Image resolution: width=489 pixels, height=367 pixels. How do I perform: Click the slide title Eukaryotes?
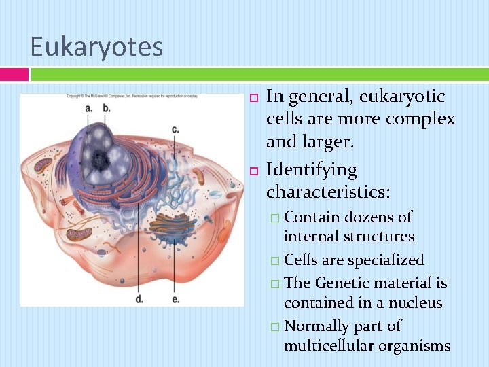click(x=96, y=47)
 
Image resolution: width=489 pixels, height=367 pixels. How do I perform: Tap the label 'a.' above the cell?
click(x=89, y=108)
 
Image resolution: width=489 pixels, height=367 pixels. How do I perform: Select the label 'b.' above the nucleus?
click(x=107, y=108)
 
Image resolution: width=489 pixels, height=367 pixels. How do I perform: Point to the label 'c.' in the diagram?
click(x=175, y=128)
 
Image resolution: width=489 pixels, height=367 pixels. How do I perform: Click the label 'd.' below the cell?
click(x=139, y=298)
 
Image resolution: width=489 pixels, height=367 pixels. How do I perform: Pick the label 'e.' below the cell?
click(x=176, y=298)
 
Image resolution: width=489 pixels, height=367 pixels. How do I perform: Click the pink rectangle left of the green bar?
click(x=14, y=74)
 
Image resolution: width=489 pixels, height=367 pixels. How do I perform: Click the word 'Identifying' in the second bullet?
click(x=312, y=169)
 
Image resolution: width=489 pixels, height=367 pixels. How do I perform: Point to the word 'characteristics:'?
click(x=328, y=192)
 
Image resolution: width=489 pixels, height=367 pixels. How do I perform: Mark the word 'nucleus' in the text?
click(x=414, y=302)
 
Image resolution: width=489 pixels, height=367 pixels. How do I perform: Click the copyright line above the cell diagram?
click(x=132, y=97)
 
